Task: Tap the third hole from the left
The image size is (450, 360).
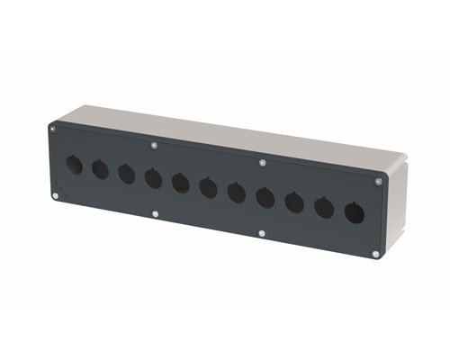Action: (126, 173)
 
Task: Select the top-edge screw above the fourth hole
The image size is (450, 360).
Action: (156, 144)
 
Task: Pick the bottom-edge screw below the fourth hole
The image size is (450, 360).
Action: (156, 214)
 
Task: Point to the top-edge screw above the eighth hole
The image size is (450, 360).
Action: (262, 163)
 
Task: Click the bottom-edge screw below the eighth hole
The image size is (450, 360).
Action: (261, 234)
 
